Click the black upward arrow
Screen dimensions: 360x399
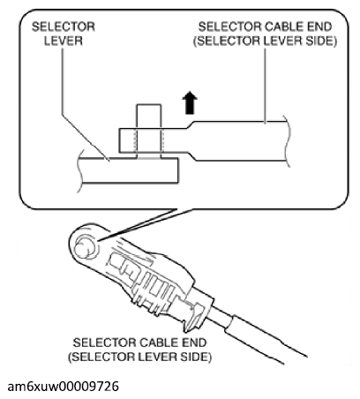coord(190,102)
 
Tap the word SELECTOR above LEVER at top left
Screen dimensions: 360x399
coord(64,26)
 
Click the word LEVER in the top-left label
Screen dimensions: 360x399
coord(64,41)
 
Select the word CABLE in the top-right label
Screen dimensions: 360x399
coord(265,26)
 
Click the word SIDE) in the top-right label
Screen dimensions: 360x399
coord(321,41)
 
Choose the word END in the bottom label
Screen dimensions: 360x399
coord(194,343)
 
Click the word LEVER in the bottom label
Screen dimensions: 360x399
coord(158,357)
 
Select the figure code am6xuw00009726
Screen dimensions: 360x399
coord(63,387)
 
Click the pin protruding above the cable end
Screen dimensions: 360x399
coord(148,117)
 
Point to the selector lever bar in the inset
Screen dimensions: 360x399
coord(129,170)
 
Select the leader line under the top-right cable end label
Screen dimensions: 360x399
coord(265,86)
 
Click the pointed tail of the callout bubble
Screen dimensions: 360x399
coord(139,225)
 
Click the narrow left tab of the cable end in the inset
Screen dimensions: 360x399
coord(153,140)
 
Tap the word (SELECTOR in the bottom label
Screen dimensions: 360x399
coord(102,357)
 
